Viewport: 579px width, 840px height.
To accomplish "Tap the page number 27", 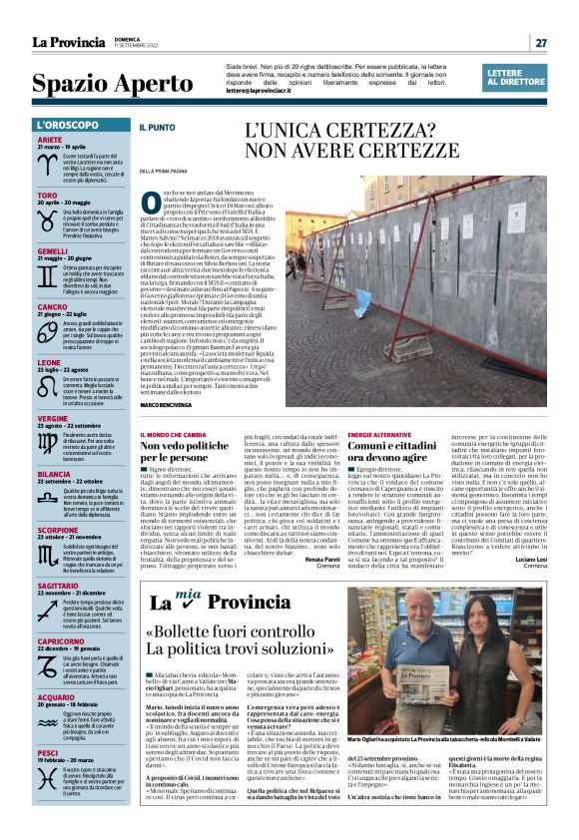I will pos(540,42).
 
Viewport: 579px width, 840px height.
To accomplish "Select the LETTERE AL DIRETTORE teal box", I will pos(516,77).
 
